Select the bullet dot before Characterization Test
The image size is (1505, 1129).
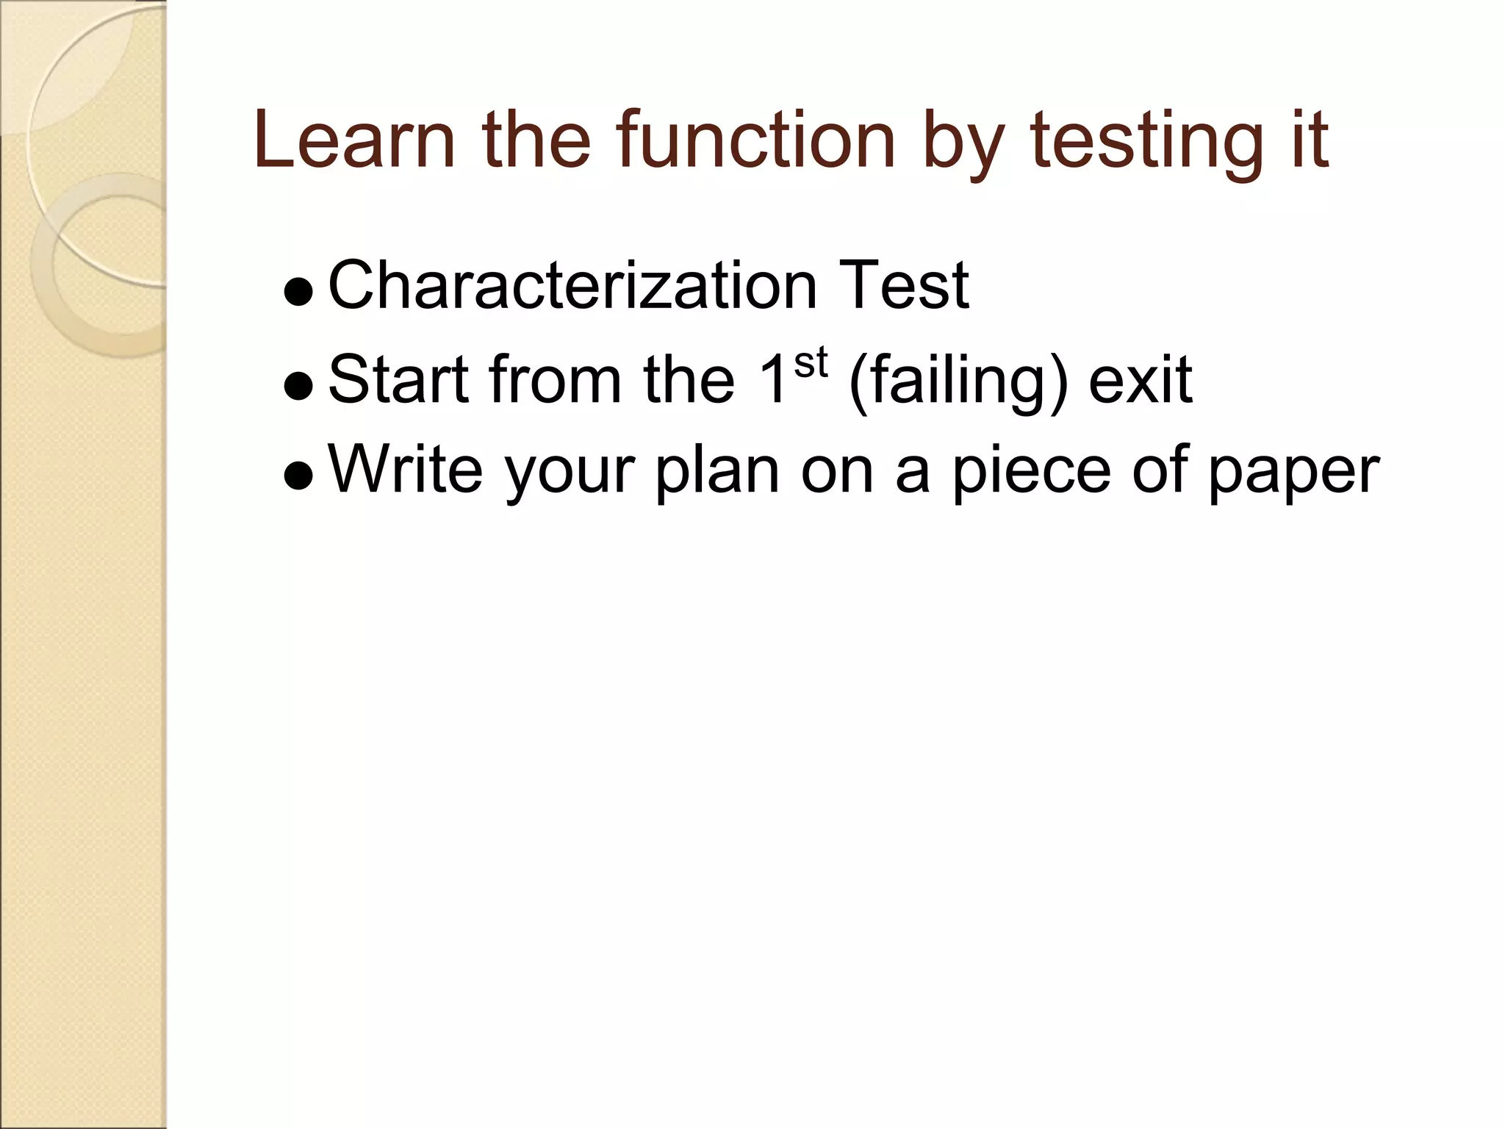coord(298,294)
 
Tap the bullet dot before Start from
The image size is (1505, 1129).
coord(298,388)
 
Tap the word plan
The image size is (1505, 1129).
coord(717,474)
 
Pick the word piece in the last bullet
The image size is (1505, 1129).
coord(1032,474)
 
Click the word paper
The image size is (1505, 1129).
coord(1294,474)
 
